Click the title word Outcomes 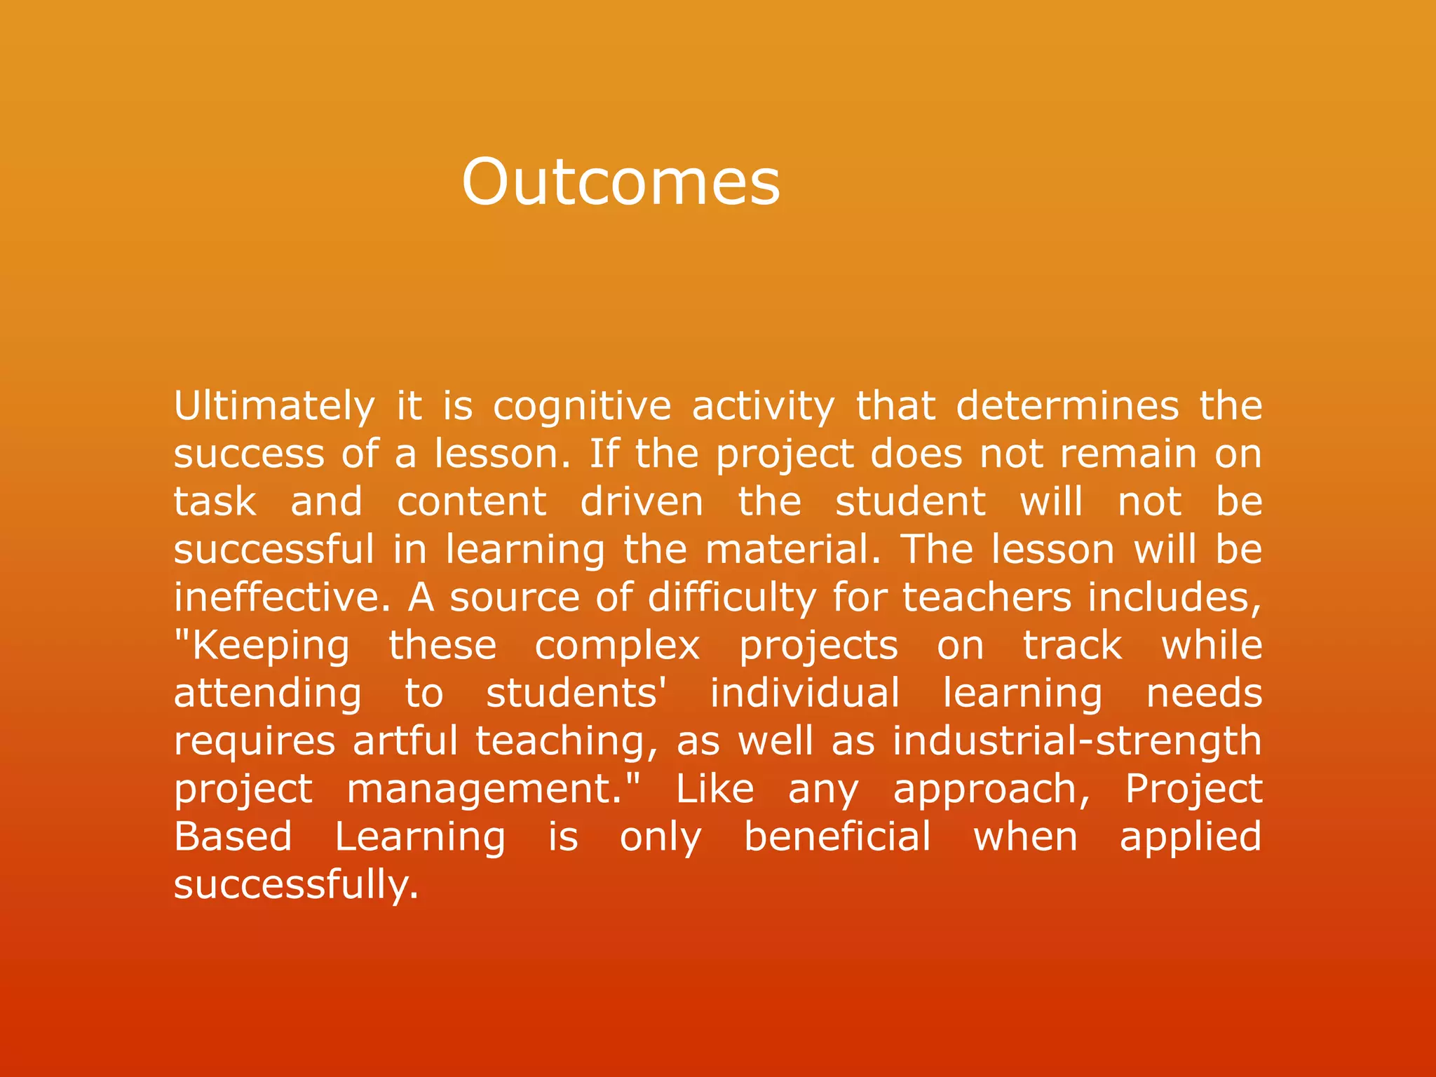[620, 182]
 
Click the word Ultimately [274, 407]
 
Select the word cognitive [582, 407]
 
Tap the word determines [1068, 407]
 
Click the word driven [642, 502]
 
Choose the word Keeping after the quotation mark [270, 646]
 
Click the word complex [617, 646]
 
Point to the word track [1072, 646]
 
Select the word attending [268, 693]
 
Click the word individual [804, 693]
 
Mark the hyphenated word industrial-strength [1077, 741]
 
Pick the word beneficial [837, 837]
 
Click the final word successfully [295, 885]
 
